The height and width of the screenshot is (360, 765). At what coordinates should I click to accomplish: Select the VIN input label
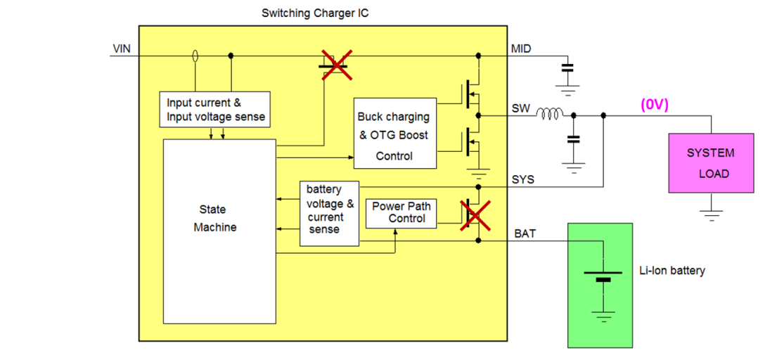122,49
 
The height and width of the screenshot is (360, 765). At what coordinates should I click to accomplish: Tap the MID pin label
521,49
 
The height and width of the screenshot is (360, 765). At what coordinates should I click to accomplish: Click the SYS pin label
522,180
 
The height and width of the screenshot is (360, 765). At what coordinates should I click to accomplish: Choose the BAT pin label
525,233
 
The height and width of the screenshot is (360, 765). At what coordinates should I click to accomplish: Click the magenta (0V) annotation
654,105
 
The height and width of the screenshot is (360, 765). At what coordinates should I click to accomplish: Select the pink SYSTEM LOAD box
710,163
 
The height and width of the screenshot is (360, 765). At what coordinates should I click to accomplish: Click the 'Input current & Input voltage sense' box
215,110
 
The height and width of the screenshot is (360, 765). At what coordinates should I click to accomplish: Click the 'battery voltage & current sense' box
329,213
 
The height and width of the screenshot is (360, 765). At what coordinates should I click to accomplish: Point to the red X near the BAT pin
475,214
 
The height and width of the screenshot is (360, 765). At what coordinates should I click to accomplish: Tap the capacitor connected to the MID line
567,68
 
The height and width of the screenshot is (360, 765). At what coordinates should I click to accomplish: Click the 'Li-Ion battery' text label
671,271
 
